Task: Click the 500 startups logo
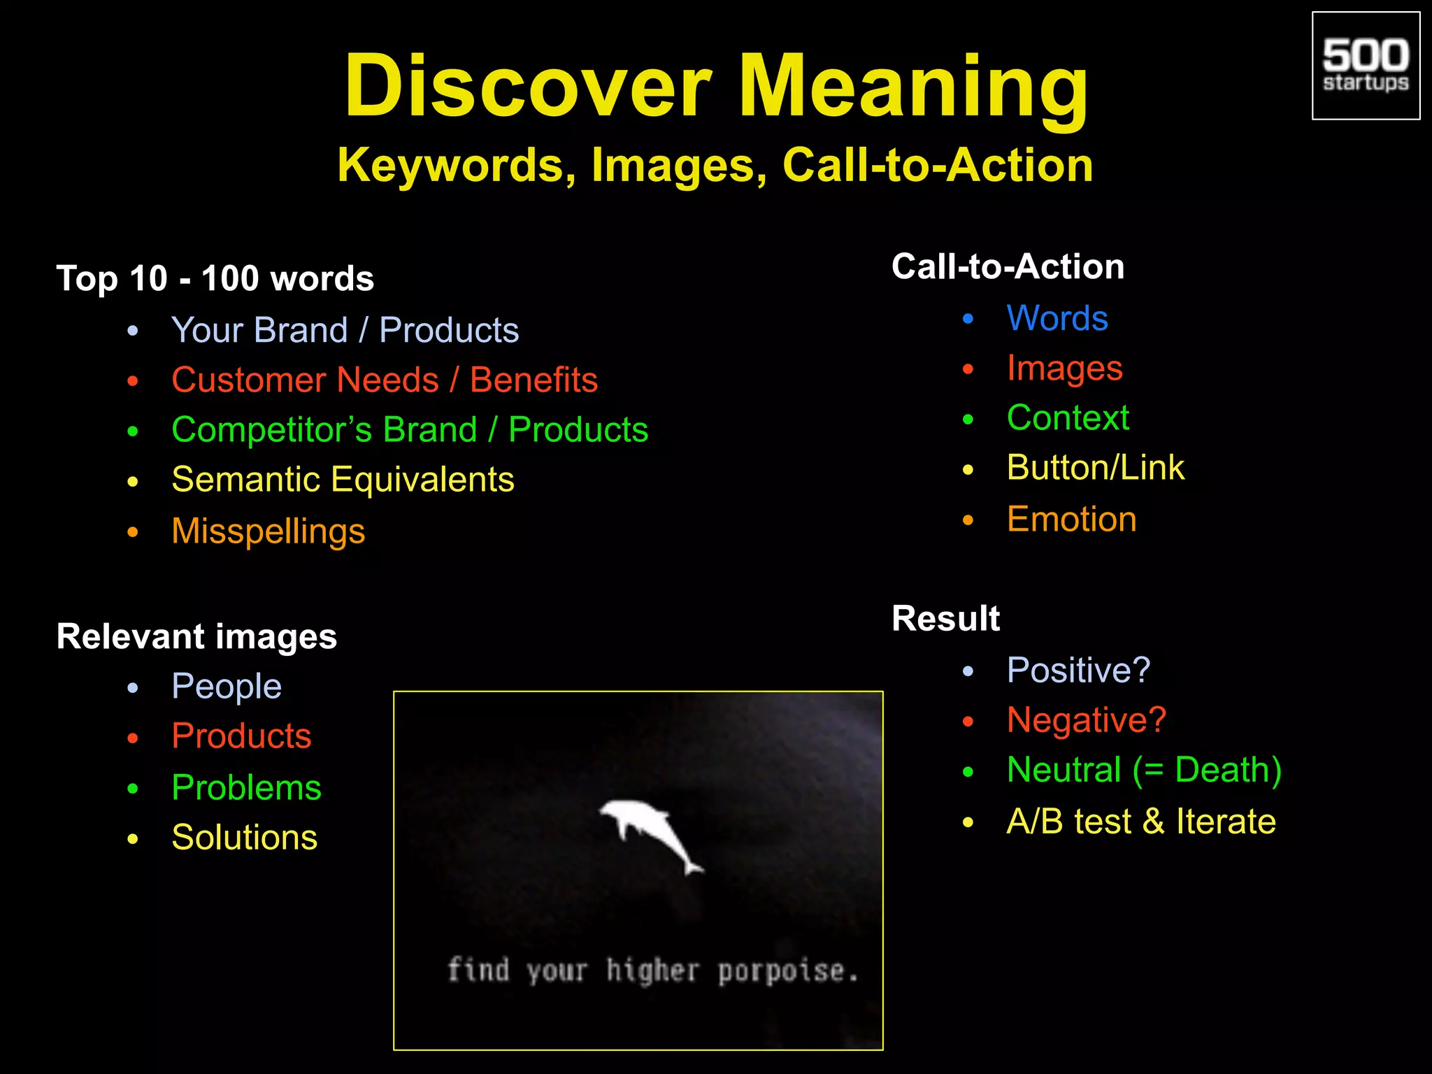coord(1365,66)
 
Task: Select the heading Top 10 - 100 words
coord(215,278)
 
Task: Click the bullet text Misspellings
coord(268,531)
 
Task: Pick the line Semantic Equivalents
coord(343,480)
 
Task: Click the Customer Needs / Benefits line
coord(385,380)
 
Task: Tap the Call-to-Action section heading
coord(1008,267)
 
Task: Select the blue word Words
coord(1057,319)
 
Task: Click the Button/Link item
coord(1095,468)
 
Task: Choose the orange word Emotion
coord(1071,520)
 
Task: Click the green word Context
coord(1068,418)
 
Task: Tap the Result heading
coord(945,619)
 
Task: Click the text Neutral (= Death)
coord(1144,771)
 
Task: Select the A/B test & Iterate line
coord(1140,822)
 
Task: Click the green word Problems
coord(246,788)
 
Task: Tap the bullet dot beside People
coord(133,688)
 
